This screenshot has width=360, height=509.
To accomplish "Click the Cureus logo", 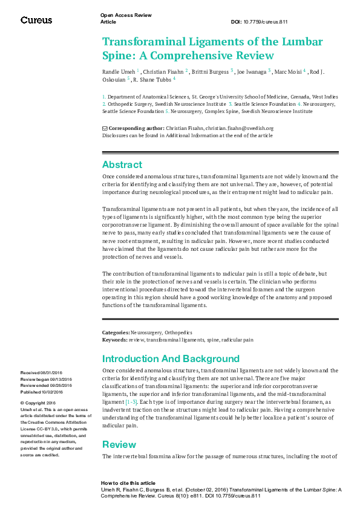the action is (36, 20).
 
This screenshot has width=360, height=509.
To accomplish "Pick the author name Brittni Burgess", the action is (211, 72).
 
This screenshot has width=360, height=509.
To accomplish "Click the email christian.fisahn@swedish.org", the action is (241, 128).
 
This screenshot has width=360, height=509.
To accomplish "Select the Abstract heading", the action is (122, 164).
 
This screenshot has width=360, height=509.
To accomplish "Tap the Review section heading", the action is (119, 444).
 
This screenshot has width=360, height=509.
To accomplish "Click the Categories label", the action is (116, 332).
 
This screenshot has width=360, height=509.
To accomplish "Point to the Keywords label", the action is (115, 340).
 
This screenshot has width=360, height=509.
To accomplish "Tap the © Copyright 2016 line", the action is (38, 403).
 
